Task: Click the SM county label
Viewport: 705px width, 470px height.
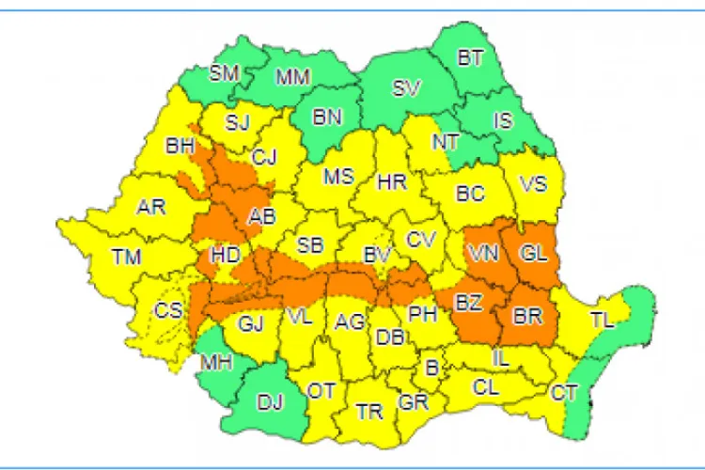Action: point(225,73)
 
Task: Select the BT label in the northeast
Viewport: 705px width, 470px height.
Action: point(469,58)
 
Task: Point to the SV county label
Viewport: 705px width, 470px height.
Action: point(407,89)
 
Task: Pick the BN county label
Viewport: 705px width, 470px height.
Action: point(328,118)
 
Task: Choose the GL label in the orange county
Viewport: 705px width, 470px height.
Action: point(532,253)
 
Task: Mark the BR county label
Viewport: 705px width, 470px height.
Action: point(527,316)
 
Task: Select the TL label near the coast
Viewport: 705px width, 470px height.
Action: point(601,321)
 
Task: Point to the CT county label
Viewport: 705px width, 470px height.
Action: point(565,391)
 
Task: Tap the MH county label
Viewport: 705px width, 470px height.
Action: point(213,362)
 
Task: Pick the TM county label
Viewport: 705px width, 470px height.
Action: point(125,256)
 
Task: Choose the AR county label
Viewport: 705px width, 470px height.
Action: point(152,208)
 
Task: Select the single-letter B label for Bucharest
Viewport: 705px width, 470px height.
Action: point(431,368)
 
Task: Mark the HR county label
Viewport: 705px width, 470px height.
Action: point(391,182)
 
